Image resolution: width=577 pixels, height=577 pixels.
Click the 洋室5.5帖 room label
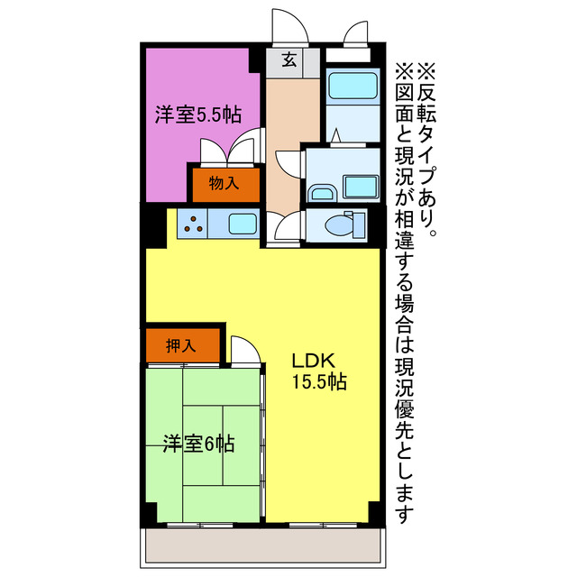[197, 114]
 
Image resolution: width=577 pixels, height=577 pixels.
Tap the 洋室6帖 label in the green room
[199, 444]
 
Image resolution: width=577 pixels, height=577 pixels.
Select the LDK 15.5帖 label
[318, 371]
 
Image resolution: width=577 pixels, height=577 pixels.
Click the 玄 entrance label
[289, 60]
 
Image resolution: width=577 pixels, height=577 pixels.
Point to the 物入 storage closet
[224, 184]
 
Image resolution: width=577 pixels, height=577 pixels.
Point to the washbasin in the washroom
[322, 192]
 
